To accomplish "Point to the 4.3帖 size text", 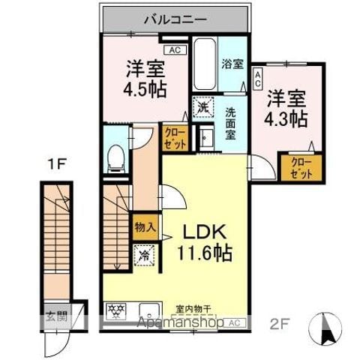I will click(x=286, y=118).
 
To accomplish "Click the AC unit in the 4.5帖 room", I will click(x=175, y=51).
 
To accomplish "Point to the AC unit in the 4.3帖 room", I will click(x=257, y=77).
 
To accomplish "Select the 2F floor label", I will click(x=279, y=324).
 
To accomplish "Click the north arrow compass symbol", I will click(x=327, y=328).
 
